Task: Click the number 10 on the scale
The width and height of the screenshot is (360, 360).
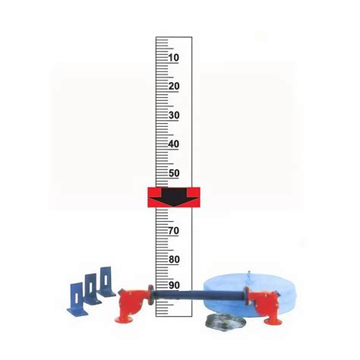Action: pos(173,58)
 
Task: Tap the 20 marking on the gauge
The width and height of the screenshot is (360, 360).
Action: pos(173,87)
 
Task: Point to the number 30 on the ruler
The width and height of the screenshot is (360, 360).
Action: pos(173,115)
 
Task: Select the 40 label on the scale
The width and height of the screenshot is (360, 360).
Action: pos(173,144)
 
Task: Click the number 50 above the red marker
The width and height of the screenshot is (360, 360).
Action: pos(173,173)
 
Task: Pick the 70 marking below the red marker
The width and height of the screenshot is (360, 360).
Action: pos(173,230)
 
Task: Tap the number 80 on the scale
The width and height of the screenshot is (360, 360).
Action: pos(173,259)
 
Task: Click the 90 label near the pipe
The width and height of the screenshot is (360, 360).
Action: pos(173,286)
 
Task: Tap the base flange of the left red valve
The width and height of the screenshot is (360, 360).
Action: pos(125,324)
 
